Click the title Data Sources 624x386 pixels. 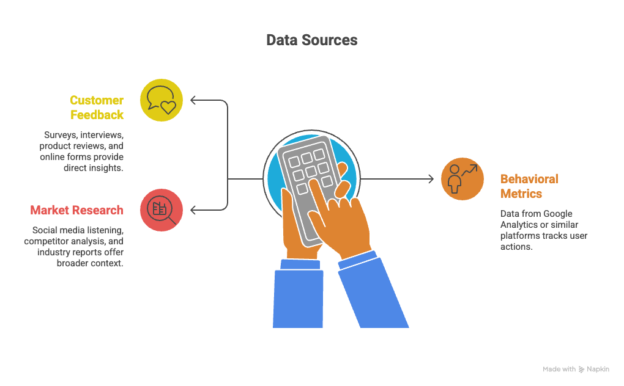[311, 40]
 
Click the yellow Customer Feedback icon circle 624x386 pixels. [162, 100]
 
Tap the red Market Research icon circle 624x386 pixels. [162, 209]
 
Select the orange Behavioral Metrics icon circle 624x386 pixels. [462, 179]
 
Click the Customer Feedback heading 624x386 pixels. [96, 107]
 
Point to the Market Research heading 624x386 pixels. [76, 210]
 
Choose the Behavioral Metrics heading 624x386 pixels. [529, 186]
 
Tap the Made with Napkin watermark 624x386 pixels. [576, 369]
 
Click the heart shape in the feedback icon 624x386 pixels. [168, 107]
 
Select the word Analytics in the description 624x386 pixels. [519, 225]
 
